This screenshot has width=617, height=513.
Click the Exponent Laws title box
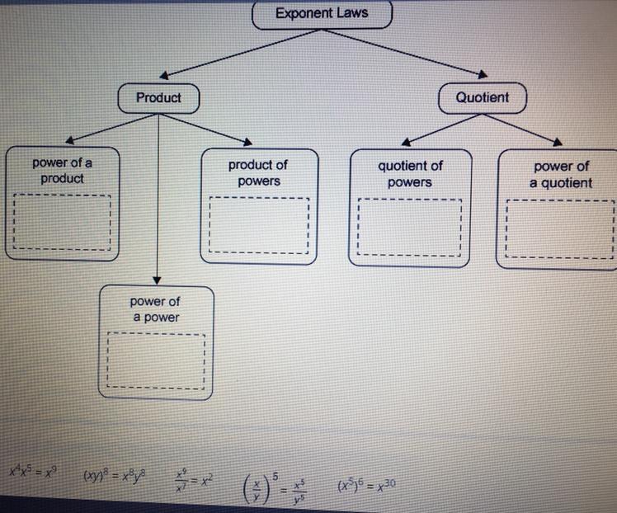322,13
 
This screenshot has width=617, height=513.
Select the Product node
158,97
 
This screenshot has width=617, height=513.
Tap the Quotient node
483,97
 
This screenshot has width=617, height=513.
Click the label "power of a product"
62,170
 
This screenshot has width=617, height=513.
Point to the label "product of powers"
258,173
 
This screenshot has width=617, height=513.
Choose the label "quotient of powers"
410,173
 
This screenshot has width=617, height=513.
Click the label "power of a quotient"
561,174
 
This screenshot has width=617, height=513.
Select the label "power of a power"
154,309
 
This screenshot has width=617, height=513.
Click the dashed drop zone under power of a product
62,221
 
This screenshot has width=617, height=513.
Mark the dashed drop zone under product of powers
259,224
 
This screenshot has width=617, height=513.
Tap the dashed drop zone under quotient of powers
410,226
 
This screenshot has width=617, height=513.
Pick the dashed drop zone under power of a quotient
561,228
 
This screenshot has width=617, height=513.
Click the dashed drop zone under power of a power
155,360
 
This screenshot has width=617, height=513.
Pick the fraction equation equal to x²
195,479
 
